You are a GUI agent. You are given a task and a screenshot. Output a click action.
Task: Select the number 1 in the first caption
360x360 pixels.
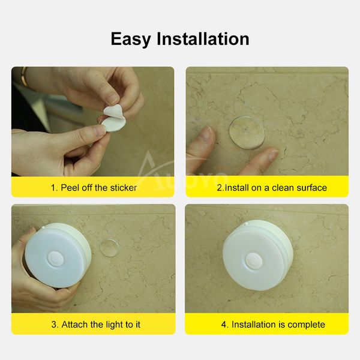(x=52, y=187)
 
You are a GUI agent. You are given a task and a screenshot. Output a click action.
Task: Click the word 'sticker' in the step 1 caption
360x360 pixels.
(x=123, y=187)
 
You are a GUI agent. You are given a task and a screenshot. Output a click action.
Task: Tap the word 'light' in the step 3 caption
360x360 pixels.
(x=112, y=325)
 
